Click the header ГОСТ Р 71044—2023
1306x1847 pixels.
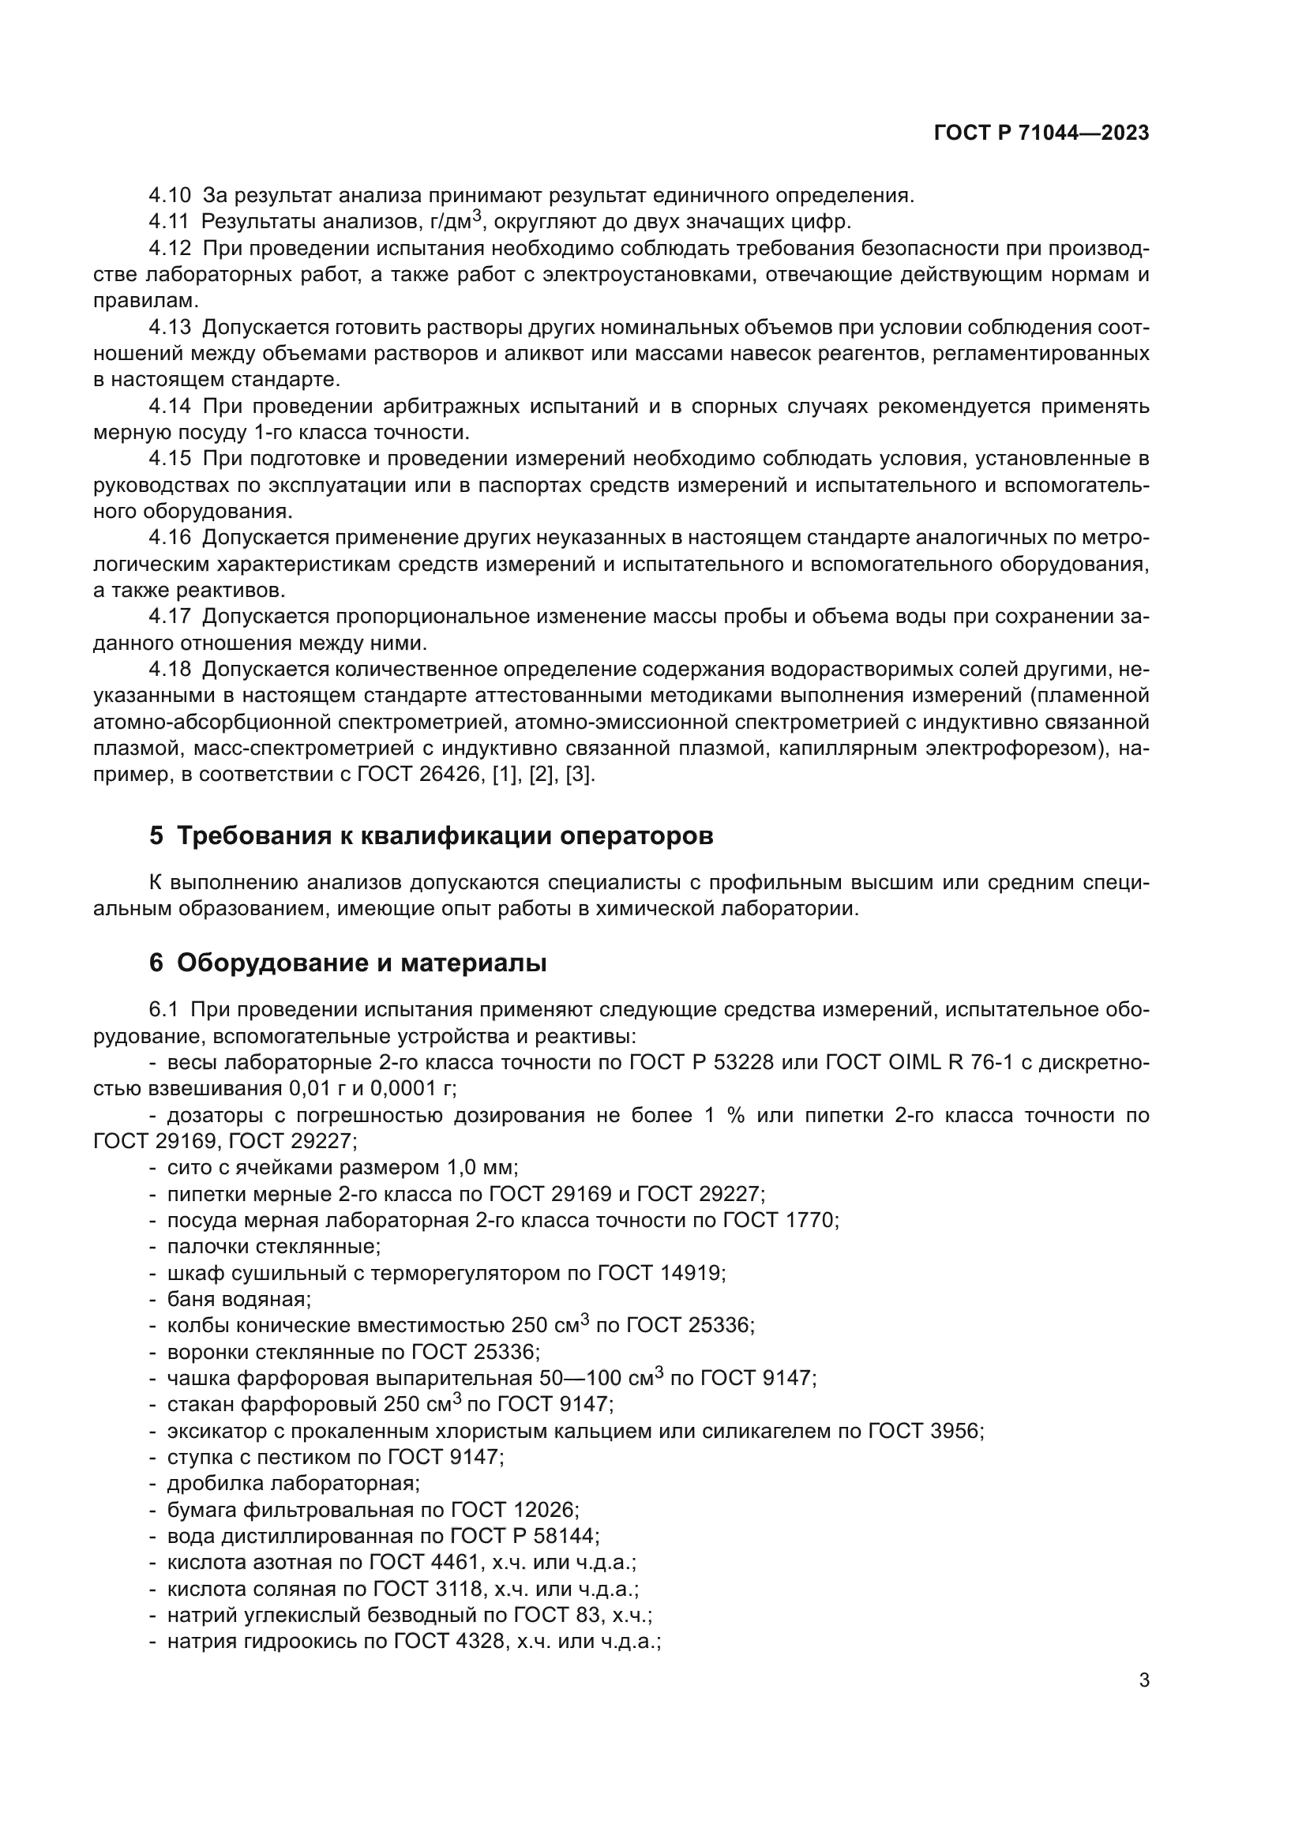[1041, 133]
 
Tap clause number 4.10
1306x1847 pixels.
[170, 196]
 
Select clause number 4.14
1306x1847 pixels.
[170, 407]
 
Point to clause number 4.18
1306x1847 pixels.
[170, 670]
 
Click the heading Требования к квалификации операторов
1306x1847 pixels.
[445, 835]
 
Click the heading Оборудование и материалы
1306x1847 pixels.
[361, 963]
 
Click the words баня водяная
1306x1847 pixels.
[238, 1299]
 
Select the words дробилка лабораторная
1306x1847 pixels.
[293, 1484]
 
